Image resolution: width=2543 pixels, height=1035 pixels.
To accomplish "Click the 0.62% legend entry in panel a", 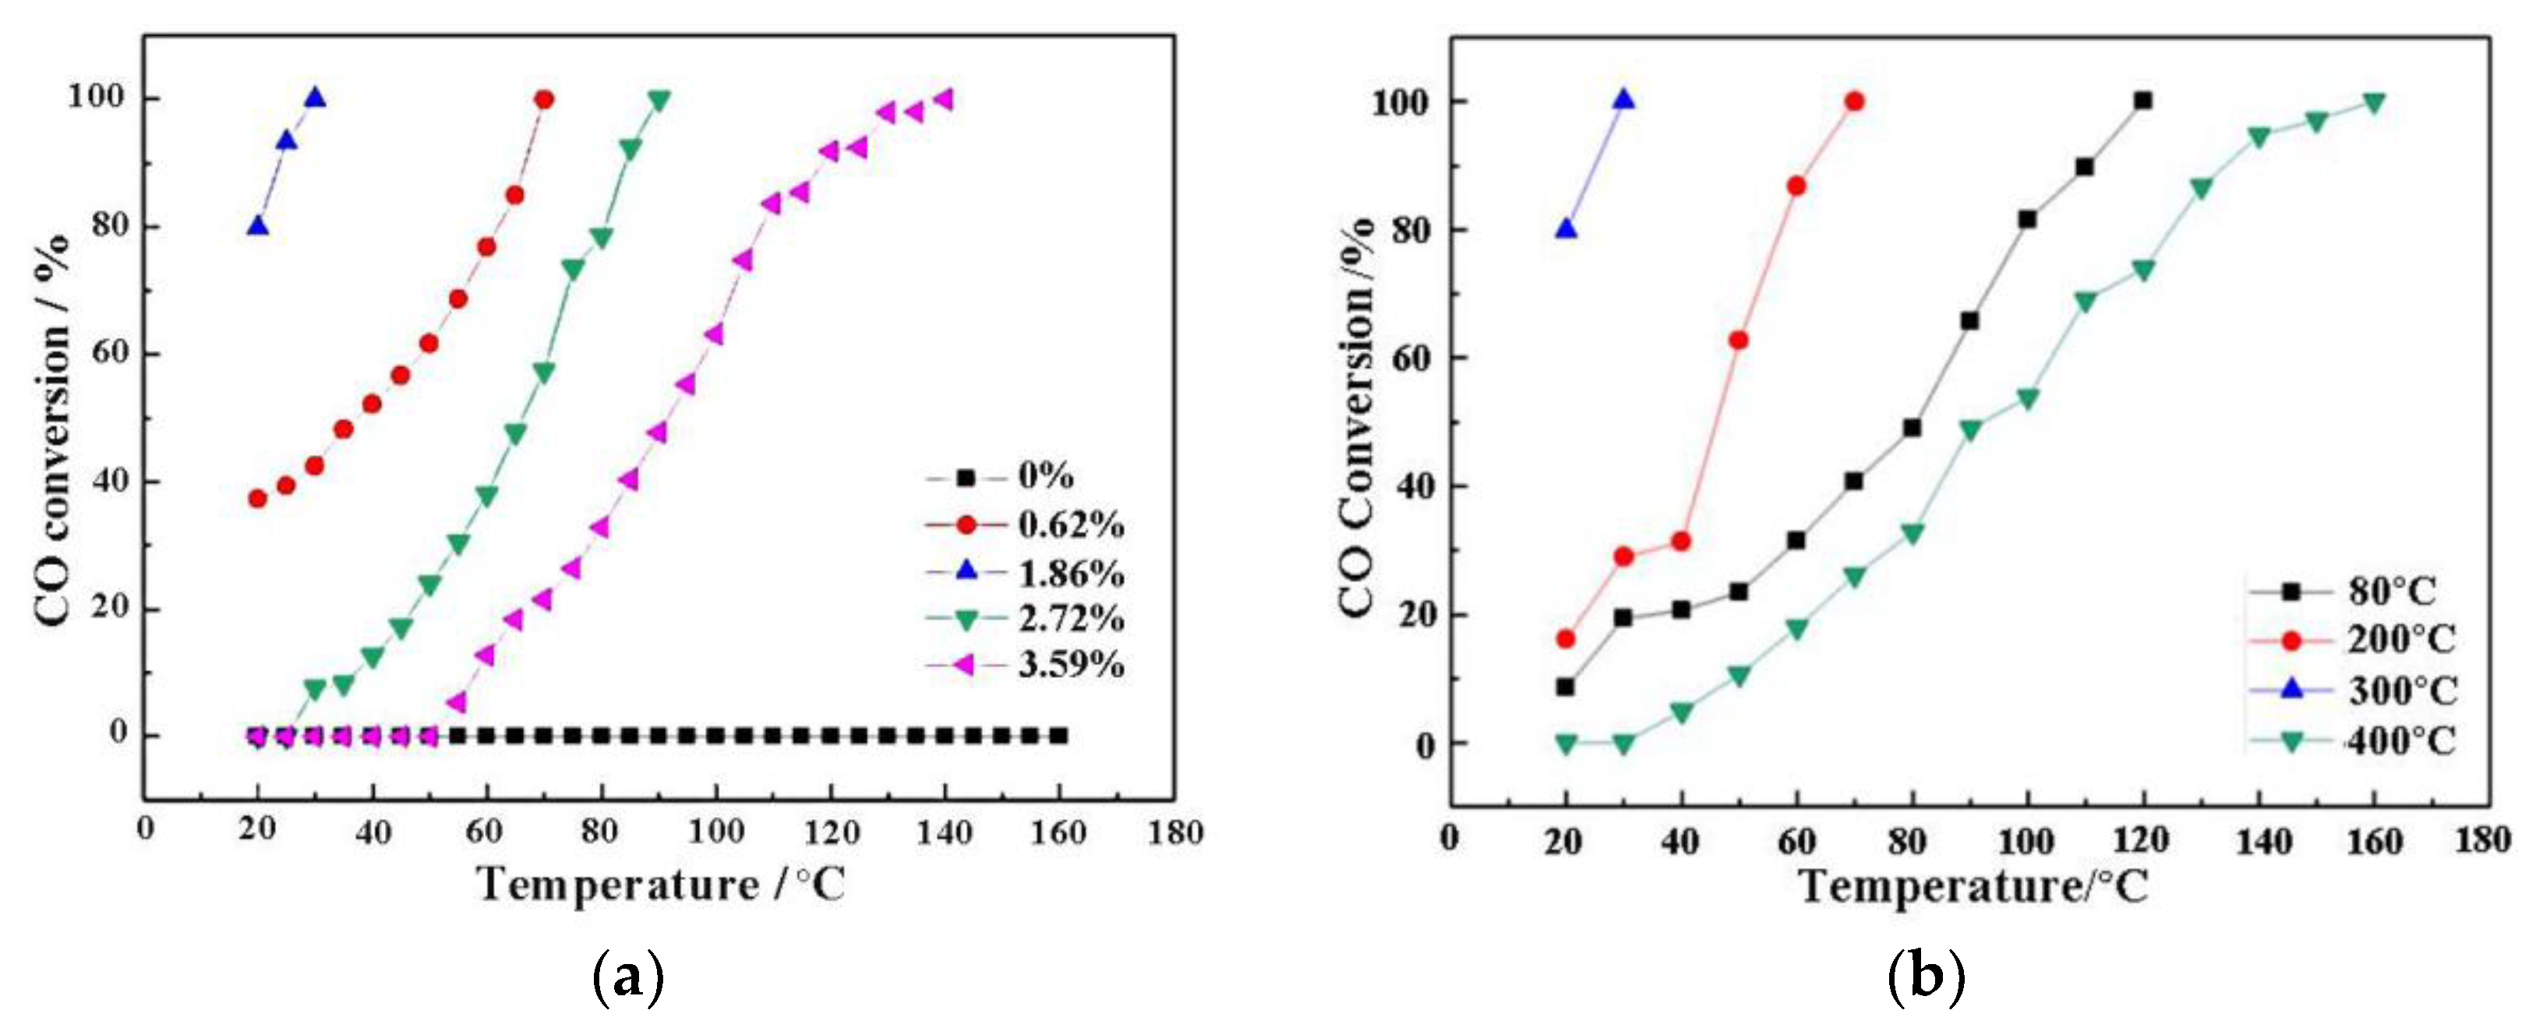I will [1070, 525].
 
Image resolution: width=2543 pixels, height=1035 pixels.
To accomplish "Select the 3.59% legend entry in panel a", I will [1070, 665].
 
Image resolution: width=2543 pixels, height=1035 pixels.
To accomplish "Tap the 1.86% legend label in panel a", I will [1070, 572].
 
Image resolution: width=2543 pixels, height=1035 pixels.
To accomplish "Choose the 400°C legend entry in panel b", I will [2400, 740].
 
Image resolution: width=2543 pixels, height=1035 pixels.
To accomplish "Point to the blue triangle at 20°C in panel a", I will [258, 226].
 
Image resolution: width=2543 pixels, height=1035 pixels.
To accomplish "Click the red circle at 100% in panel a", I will [544, 100].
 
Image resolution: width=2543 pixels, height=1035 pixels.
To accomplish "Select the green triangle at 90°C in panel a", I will [659, 101].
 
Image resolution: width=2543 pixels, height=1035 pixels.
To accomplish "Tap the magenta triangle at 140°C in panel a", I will [944, 100].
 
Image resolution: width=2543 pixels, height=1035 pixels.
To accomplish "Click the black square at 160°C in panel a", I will [1058, 736].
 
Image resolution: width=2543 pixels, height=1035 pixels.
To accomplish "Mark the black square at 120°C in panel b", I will [2141, 101].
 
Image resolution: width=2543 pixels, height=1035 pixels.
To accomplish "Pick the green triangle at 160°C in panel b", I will [2373, 103].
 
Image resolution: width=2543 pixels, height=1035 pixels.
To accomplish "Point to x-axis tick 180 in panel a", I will [1174, 832].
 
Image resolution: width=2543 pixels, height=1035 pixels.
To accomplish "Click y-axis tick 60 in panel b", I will [1414, 359].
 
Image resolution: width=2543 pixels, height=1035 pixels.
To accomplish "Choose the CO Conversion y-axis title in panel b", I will [1356, 420].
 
